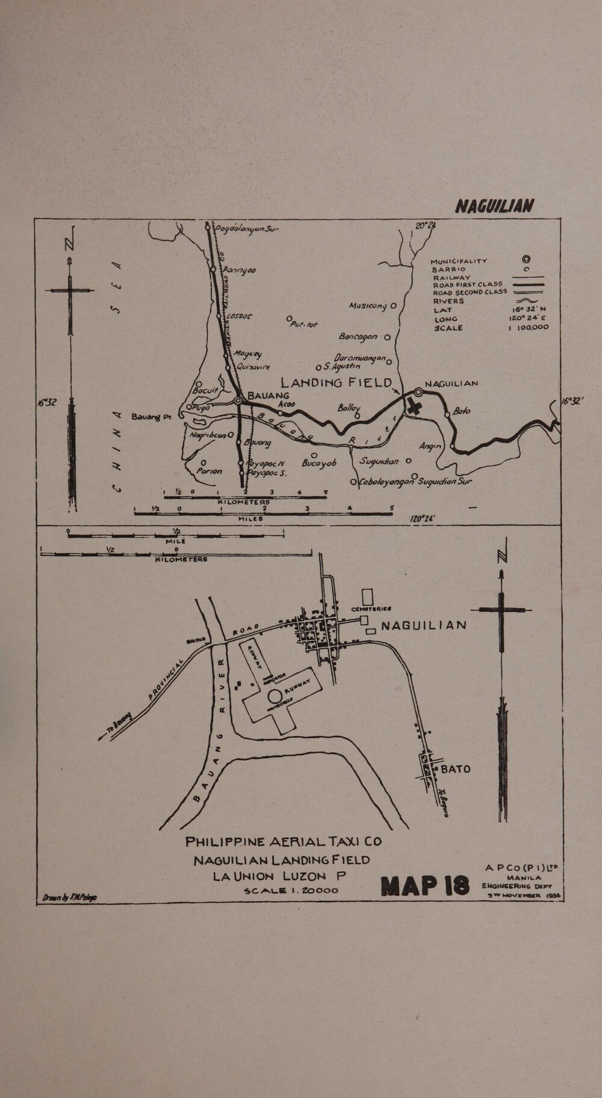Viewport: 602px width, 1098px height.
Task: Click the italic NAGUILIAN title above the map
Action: pos(493,207)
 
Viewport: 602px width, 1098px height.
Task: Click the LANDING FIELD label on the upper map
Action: pos(337,383)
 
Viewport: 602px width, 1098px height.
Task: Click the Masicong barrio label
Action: pos(368,307)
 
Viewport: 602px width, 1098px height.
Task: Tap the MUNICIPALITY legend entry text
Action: pos(459,261)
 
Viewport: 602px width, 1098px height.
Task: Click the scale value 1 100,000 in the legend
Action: pos(528,327)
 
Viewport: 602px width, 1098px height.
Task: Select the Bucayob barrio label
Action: pos(317,463)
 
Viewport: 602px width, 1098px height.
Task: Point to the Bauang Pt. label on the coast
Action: pos(152,416)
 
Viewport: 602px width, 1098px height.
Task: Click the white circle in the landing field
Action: pos(275,696)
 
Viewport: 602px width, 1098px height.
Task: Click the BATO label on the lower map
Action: pos(456,769)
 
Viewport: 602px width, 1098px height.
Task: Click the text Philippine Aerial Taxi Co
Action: pos(284,842)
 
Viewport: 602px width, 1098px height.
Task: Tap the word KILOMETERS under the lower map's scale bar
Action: pos(181,559)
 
